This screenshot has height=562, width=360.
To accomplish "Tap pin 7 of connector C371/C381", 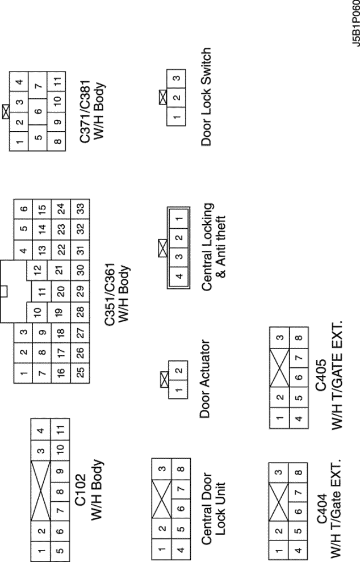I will point(39,86).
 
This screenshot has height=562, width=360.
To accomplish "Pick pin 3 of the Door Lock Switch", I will point(177,78).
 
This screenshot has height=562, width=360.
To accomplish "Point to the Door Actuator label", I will point(206,379).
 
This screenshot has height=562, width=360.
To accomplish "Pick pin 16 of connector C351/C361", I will point(61,372).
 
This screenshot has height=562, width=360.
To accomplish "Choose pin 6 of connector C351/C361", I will point(22,208).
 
